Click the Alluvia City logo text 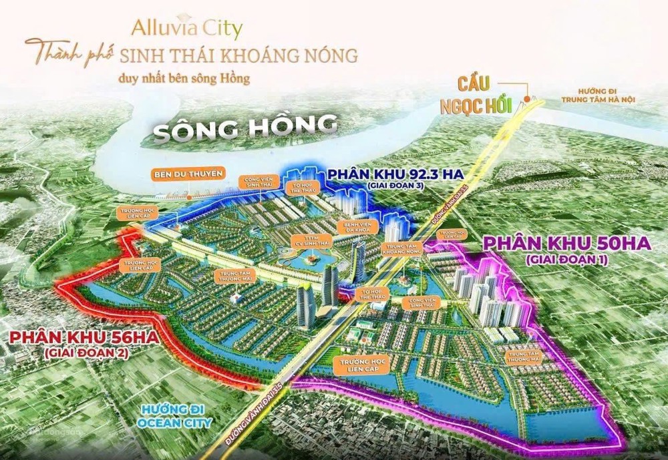tap(186, 28)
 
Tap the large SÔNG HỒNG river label tap(245, 127)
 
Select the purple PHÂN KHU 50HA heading tap(566, 244)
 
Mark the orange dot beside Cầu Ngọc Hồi tap(528, 99)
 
